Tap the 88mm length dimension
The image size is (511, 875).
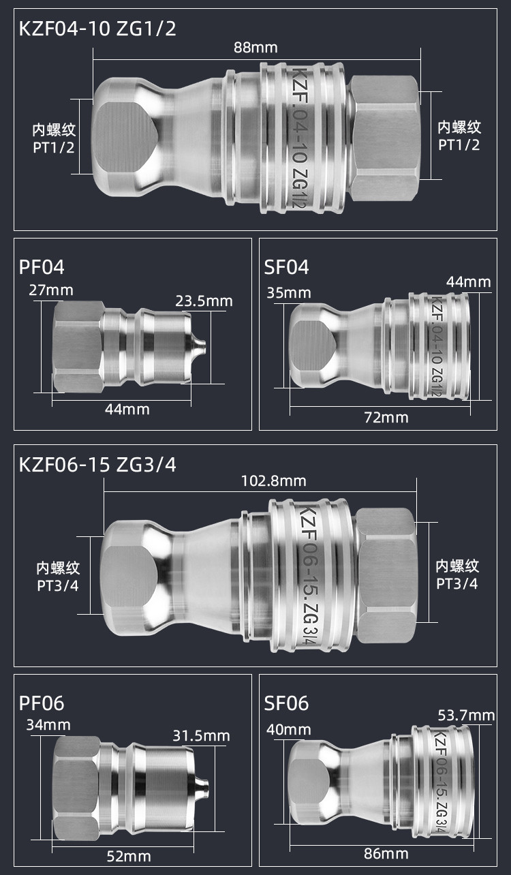[x=255, y=48]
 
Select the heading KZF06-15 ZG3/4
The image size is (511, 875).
[x=98, y=465]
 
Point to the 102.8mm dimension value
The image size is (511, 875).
[x=274, y=481]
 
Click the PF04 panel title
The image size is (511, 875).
[x=42, y=267]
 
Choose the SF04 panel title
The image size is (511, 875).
[x=286, y=267]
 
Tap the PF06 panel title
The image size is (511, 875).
[x=42, y=703]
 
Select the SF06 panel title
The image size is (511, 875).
[x=286, y=703]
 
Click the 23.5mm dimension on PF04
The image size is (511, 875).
[x=204, y=301]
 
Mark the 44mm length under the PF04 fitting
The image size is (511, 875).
[x=127, y=409]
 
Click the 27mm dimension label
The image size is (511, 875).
[x=50, y=290]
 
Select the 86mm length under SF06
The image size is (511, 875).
[x=386, y=853]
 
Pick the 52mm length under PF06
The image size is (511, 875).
[x=128, y=856]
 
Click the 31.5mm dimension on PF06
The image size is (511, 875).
[x=201, y=736]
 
